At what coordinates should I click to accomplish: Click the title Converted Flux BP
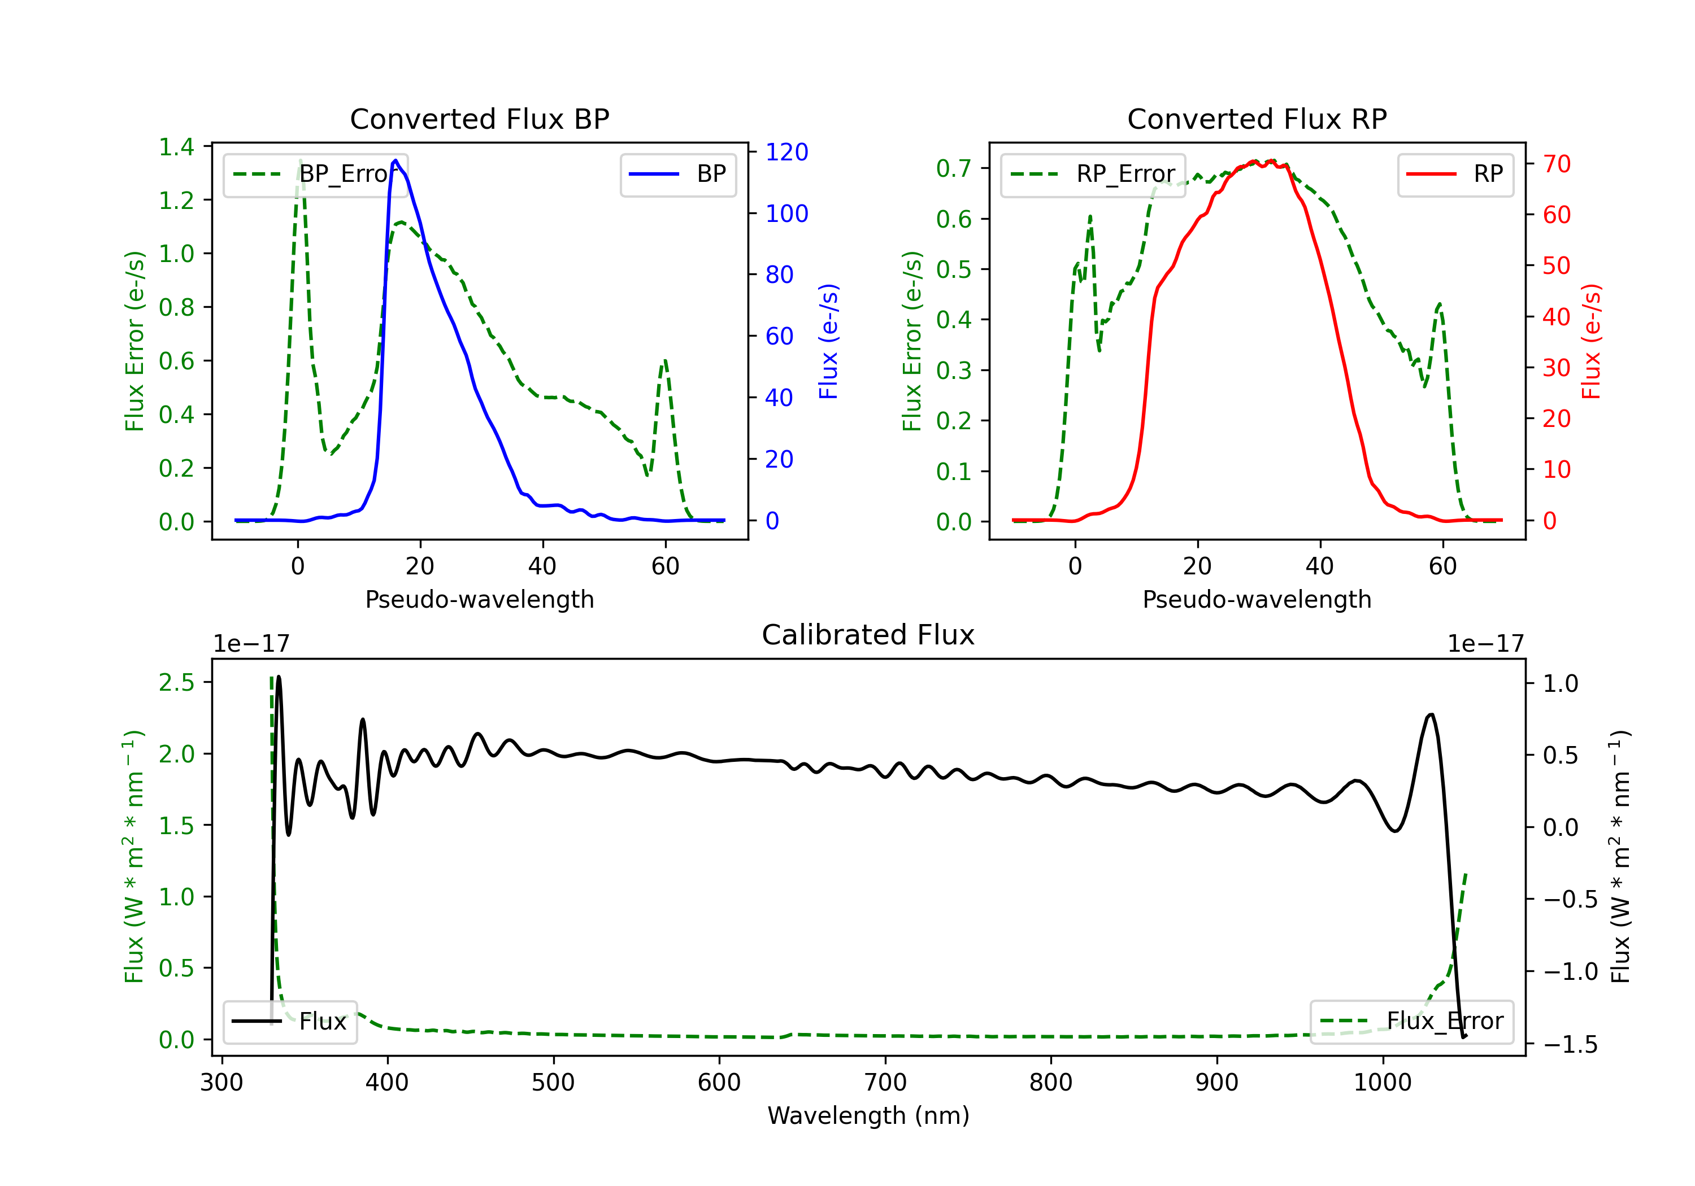479,119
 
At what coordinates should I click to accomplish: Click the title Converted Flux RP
1257,119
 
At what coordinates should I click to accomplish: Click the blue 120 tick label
786,152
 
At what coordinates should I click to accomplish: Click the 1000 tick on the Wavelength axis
1382,1082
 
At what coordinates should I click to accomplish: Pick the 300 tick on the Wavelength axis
221,1082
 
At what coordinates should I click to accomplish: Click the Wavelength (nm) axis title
868,1115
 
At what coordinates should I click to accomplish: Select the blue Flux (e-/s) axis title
828,341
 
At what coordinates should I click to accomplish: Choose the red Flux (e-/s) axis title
1591,341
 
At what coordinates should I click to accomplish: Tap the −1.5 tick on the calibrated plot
1570,1044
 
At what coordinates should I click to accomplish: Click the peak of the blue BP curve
395,160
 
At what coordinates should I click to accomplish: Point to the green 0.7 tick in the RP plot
953,168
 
